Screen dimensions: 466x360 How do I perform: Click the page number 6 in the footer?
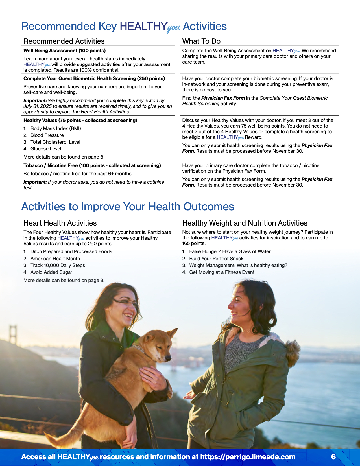333,457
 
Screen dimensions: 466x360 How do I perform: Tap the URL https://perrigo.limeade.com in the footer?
248,457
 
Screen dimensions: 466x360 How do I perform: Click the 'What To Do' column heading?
201,41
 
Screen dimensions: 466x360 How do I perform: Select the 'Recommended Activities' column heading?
64,41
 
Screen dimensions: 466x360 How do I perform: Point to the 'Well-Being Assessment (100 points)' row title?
64,51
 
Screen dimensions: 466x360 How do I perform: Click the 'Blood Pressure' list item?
47,135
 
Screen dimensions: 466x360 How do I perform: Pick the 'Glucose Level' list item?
46,149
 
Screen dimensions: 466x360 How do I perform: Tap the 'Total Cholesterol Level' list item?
55,142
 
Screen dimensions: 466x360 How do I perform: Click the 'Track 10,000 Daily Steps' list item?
58,265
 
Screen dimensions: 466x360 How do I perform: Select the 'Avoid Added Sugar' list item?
51,272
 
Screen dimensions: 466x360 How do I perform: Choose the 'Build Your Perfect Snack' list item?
216,259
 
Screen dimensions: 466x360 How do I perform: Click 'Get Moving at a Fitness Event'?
222,272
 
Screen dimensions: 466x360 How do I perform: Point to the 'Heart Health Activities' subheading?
60,223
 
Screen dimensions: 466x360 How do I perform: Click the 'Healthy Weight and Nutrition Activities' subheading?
245,223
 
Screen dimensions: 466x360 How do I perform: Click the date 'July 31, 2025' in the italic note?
38,106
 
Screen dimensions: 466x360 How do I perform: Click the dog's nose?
168,358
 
